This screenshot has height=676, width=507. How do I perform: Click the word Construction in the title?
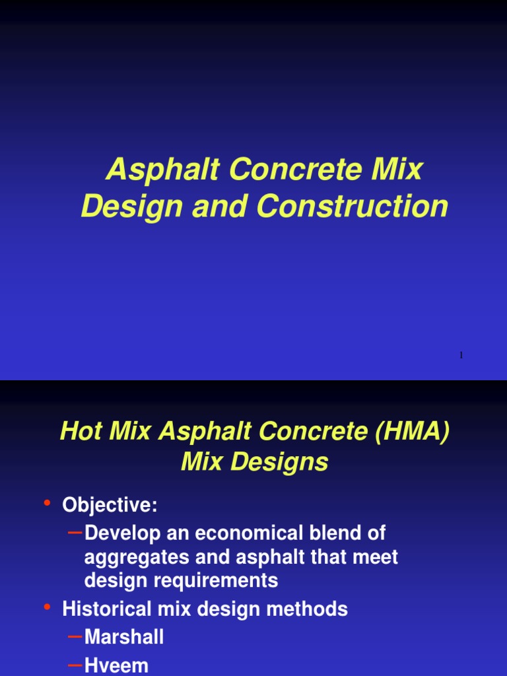[x=353, y=206]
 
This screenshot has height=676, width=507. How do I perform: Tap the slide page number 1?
[x=461, y=355]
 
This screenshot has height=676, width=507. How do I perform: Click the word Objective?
[x=110, y=505]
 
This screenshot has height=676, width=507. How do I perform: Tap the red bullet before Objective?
[x=47, y=504]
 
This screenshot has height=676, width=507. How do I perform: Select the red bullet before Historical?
[x=47, y=607]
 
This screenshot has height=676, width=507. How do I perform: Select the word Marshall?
[x=124, y=637]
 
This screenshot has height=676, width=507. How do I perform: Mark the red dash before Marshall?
[x=76, y=636]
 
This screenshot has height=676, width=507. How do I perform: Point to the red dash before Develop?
[x=76, y=531]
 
